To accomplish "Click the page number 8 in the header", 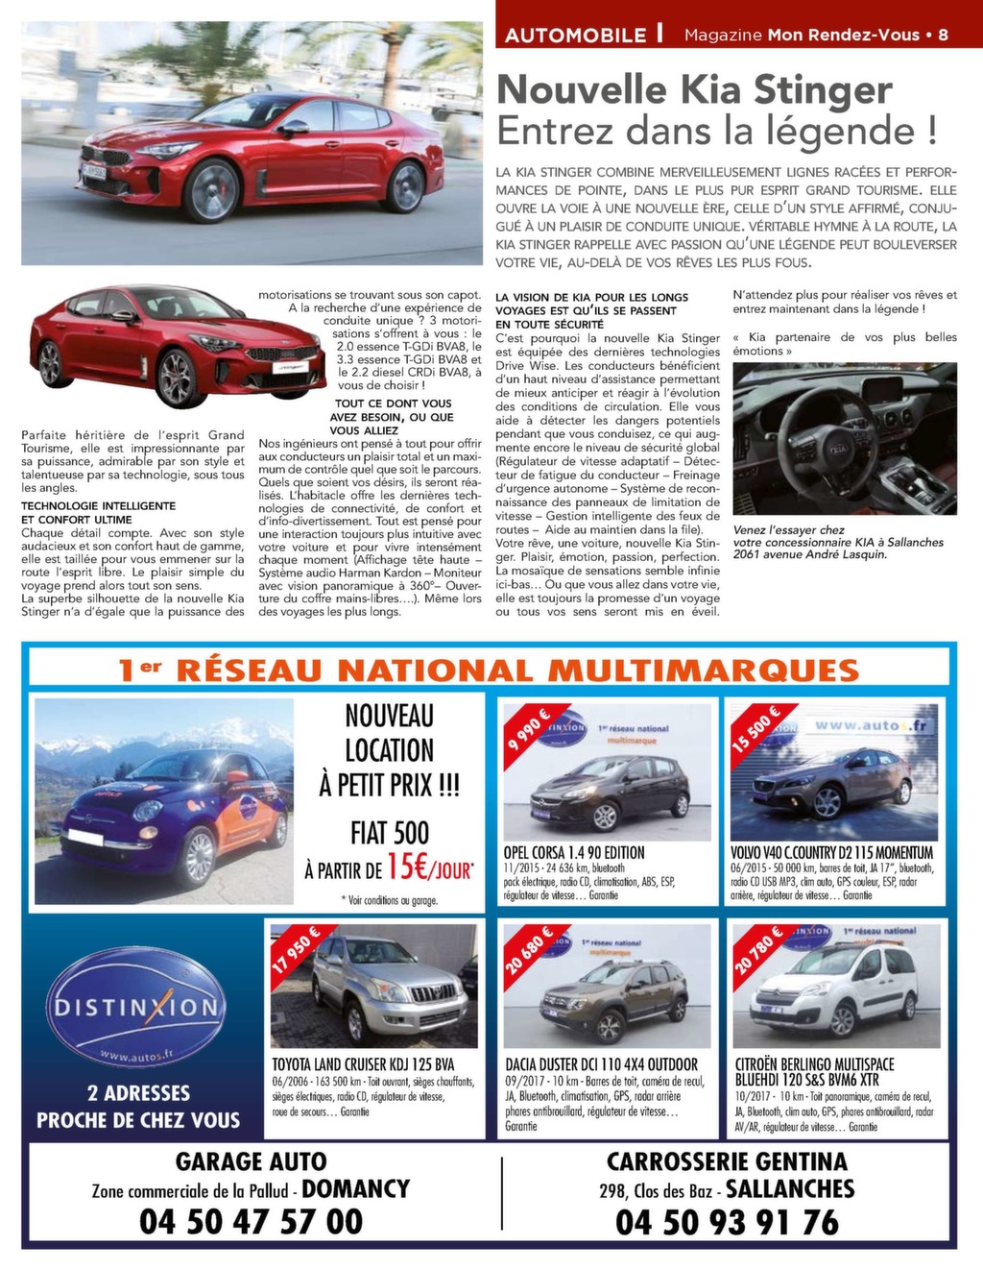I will click(943, 35).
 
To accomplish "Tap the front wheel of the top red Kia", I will click(212, 191).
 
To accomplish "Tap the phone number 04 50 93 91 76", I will click(727, 1222).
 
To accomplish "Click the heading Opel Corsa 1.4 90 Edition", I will click(574, 852).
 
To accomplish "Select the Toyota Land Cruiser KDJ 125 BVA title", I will click(363, 1064).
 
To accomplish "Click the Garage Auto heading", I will click(251, 1161).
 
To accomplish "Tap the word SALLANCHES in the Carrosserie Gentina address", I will click(789, 1189).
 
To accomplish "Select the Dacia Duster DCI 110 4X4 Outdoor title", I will click(601, 1064).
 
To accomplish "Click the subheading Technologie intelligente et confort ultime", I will click(98, 512).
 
